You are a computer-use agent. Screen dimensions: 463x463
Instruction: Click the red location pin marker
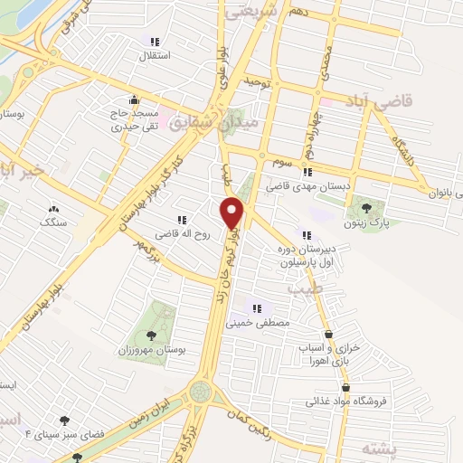pos(232,212)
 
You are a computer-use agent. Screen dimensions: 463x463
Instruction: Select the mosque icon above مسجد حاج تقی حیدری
pos(135,99)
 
